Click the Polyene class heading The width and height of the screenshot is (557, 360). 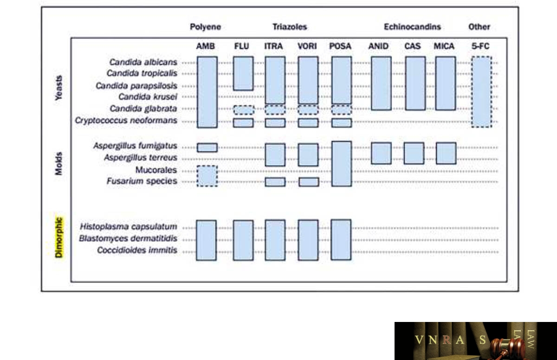coord(205,27)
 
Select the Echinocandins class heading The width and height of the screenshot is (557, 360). coord(412,27)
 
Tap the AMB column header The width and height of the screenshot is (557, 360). coord(205,46)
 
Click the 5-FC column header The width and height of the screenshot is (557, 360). coord(480,46)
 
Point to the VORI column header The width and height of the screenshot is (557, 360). coord(307,46)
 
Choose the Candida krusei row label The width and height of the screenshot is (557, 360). coord(148,96)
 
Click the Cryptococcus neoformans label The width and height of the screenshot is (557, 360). coord(126,121)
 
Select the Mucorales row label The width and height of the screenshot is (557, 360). coord(156,170)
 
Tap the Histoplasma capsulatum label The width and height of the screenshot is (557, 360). coord(129,226)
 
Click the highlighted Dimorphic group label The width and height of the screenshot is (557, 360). coord(58,238)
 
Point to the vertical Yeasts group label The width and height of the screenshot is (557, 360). coord(58,88)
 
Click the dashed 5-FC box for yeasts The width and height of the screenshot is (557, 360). coord(482,92)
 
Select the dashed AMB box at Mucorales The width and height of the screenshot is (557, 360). coord(207,176)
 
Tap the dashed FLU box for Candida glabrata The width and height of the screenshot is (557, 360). coord(244,110)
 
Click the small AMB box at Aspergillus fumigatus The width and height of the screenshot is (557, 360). coord(207,148)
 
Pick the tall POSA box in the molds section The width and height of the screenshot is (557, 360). coord(342,164)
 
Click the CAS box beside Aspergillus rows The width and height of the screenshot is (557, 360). coord(414,153)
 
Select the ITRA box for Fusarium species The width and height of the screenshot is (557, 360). coord(275,182)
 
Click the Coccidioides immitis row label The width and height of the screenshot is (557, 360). coord(137,250)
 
